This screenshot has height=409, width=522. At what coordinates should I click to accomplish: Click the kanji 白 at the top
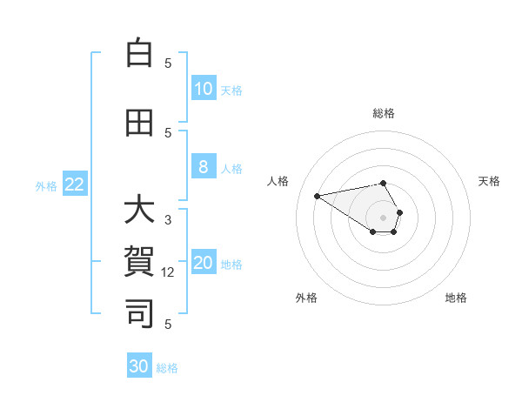[x=138, y=53]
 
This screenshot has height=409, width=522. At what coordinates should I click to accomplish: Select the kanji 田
[x=138, y=124]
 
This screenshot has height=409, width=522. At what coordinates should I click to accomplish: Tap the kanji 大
[x=138, y=211]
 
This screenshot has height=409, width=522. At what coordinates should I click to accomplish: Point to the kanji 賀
[x=138, y=261]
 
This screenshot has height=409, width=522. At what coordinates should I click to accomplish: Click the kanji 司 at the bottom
[x=138, y=312]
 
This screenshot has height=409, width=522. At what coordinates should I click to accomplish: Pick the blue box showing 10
[x=204, y=89]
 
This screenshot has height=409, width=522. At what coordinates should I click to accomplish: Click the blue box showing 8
[x=204, y=168]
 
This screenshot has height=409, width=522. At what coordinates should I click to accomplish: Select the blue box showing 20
[x=204, y=264]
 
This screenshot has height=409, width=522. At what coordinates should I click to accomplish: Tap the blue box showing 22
[x=75, y=184]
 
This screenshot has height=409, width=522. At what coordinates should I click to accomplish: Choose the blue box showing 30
[x=139, y=366]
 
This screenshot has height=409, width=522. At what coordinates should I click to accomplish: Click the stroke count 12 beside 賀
[x=170, y=272]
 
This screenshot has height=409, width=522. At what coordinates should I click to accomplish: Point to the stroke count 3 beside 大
[x=168, y=220]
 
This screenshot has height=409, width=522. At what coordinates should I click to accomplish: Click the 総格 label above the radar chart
[x=384, y=113]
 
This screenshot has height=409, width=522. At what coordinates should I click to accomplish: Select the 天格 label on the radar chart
[x=489, y=181]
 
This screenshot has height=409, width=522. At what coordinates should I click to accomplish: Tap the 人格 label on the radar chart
[x=278, y=181]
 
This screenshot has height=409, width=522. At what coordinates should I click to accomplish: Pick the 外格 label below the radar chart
[x=306, y=298]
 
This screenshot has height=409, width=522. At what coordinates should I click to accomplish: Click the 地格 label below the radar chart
[x=456, y=298]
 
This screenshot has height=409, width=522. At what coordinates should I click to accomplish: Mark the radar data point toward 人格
[x=318, y=195]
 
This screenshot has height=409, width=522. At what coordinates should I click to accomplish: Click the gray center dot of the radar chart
[x=383, y=217]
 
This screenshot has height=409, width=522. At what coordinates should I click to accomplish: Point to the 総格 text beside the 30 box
[x=167, y=368]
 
